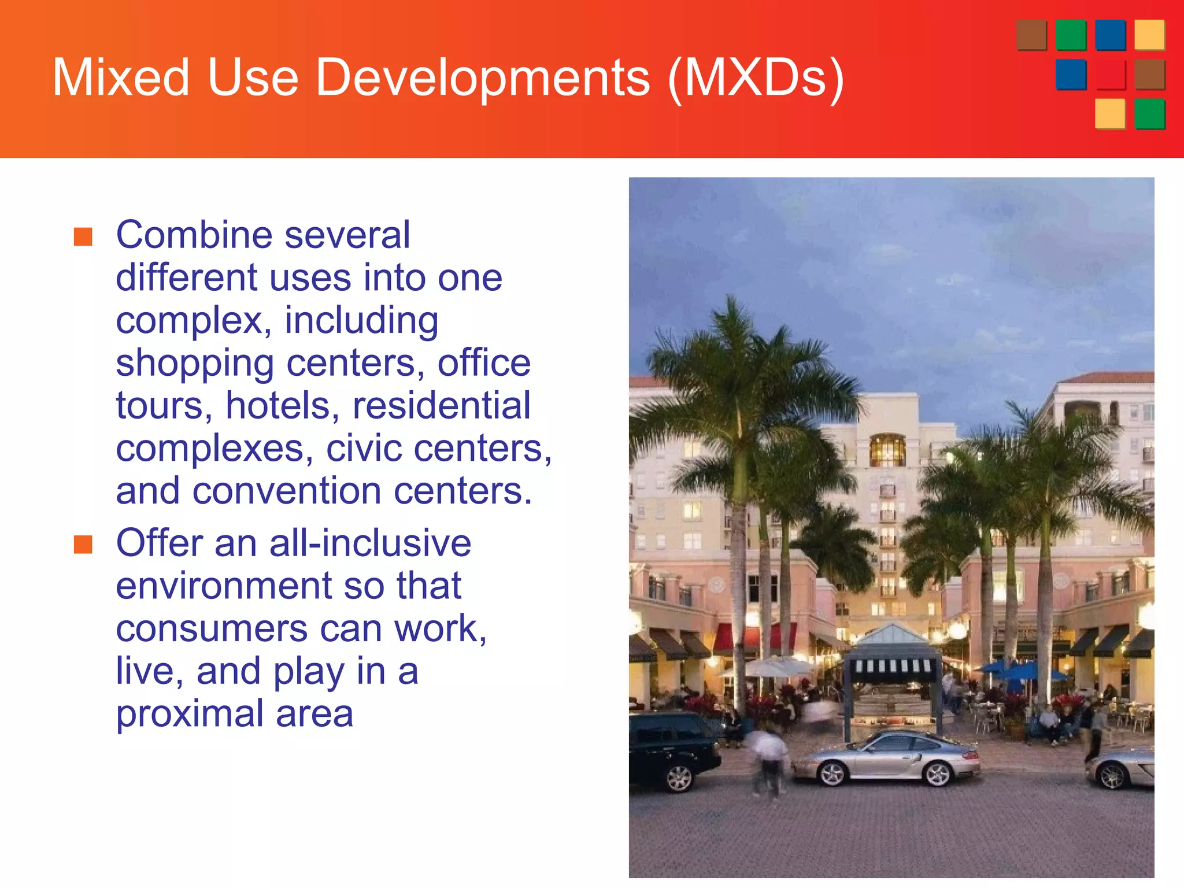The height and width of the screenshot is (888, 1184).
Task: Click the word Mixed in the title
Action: [x=121, y=77]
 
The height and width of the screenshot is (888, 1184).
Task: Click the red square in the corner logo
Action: [x=1110, y=75]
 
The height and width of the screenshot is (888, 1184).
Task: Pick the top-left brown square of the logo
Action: [x=1031, y=35]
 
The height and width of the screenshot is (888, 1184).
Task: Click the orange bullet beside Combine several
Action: [x=83, y=236]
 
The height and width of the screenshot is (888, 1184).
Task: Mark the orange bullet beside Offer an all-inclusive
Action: [x=83, y=544]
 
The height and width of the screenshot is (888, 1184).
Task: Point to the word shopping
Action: [x=194, y=365]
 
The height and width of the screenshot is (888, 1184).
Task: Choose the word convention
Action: [x=286, y=491]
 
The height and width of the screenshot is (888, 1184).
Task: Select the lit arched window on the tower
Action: [x=887, y=450]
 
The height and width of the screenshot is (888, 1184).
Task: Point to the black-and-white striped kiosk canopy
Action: [x=892, y=665]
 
